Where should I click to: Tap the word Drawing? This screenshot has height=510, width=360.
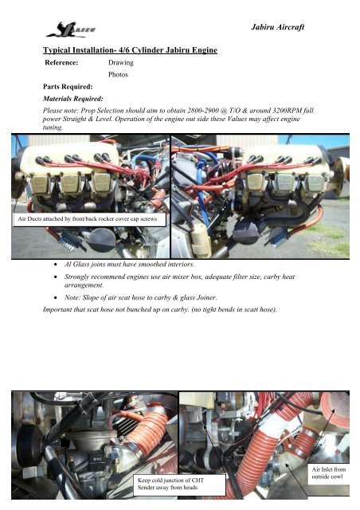click(120, 61)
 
